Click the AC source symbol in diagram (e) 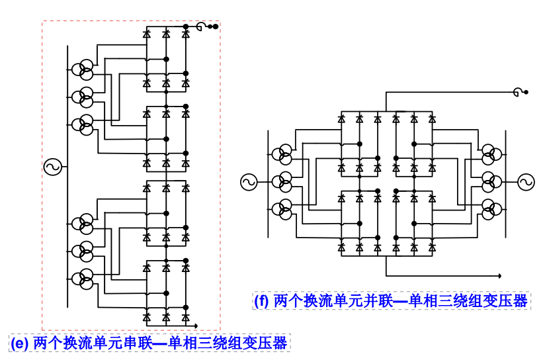tap(52, 167)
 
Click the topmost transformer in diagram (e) tap(83, 69)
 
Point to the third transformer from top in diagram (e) tap(83, 123)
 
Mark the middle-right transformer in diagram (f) tap(490, 181)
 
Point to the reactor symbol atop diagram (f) tap(517, 92)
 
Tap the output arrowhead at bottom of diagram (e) tap(198, 326)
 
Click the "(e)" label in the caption tap(19, 343)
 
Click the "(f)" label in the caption tap(262, 301)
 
